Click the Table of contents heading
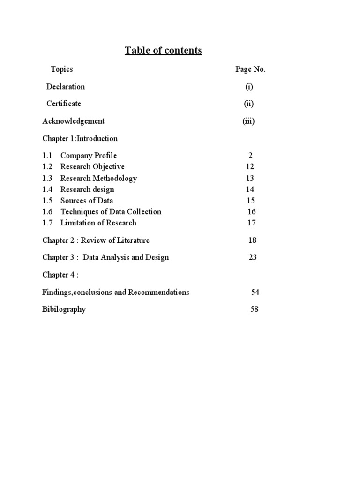[x=163, y=51]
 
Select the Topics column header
[x=62, y=69]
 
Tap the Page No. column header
[x=250, y=69]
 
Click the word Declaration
[x=66, y=87]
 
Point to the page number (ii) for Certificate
[x=249, y=104]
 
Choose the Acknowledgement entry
[x=74, y=121]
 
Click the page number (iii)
[x=248, y=121]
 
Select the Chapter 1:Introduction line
[x=80, y=138]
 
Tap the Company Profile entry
[x=89, y=156]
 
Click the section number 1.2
[x=47, y=167]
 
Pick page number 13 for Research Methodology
[x=250, y=178]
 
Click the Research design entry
[x=87, y=189]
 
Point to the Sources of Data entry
[x=87, y=201]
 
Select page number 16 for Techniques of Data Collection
[x=252, y=212]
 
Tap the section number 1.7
[x=47, y=223]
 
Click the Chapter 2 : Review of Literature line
[x=96, y=240]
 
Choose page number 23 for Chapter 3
[x=253, y=257]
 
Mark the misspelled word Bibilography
[x=64, y=309]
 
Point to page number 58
[x=255, y=309]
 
